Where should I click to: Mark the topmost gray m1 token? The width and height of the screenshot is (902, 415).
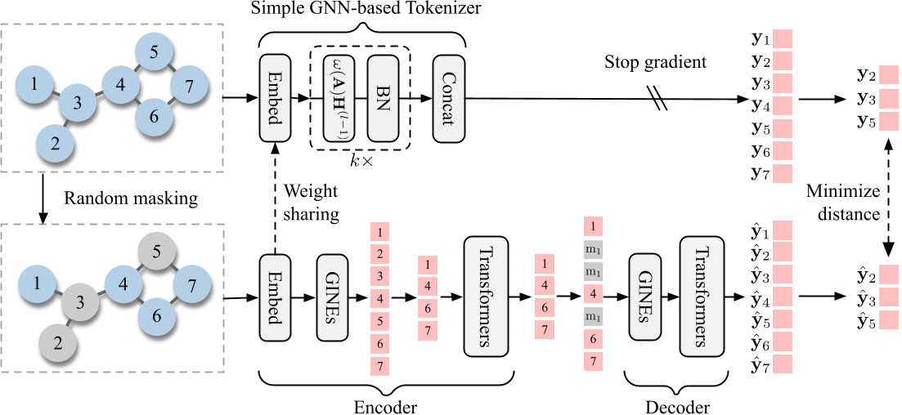coord(595,247)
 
